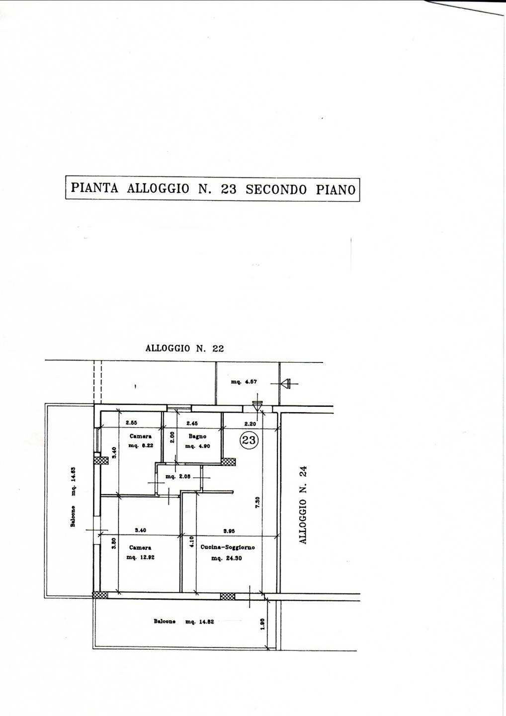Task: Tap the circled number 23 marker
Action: (x=249, y=440)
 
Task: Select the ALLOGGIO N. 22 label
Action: (x=184, y=349)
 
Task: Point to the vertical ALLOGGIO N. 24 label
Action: (x=304, y=504)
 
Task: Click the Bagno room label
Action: (x=197, y=437)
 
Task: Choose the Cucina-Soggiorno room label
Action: (x=228, y=547)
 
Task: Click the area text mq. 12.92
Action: (x=141, y=557)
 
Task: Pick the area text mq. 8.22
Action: (x=141, y=446)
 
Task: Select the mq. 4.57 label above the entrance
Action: (x=244, y=382)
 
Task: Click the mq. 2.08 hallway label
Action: (x=178, y=477)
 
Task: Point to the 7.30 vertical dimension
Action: (x=257, y=503)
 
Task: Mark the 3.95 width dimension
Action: (x=229, y=531)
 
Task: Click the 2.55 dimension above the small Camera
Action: (x=131, y=423)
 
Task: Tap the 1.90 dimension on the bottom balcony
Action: (x=263, y=624)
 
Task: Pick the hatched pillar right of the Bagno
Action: (x=228, y=461)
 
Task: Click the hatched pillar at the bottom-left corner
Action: (x=100, y=595)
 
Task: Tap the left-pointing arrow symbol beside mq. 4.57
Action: (x=285, y=383)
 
